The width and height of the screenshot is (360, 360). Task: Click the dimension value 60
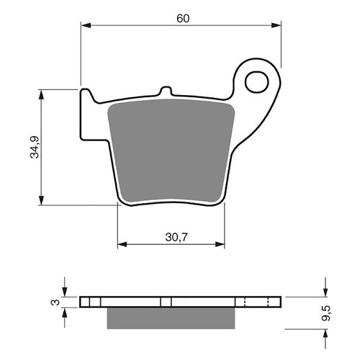pyautogui.click(x=182, y=17)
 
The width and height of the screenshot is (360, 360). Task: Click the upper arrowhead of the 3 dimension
pyautogui.click(x=65, y=292)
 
